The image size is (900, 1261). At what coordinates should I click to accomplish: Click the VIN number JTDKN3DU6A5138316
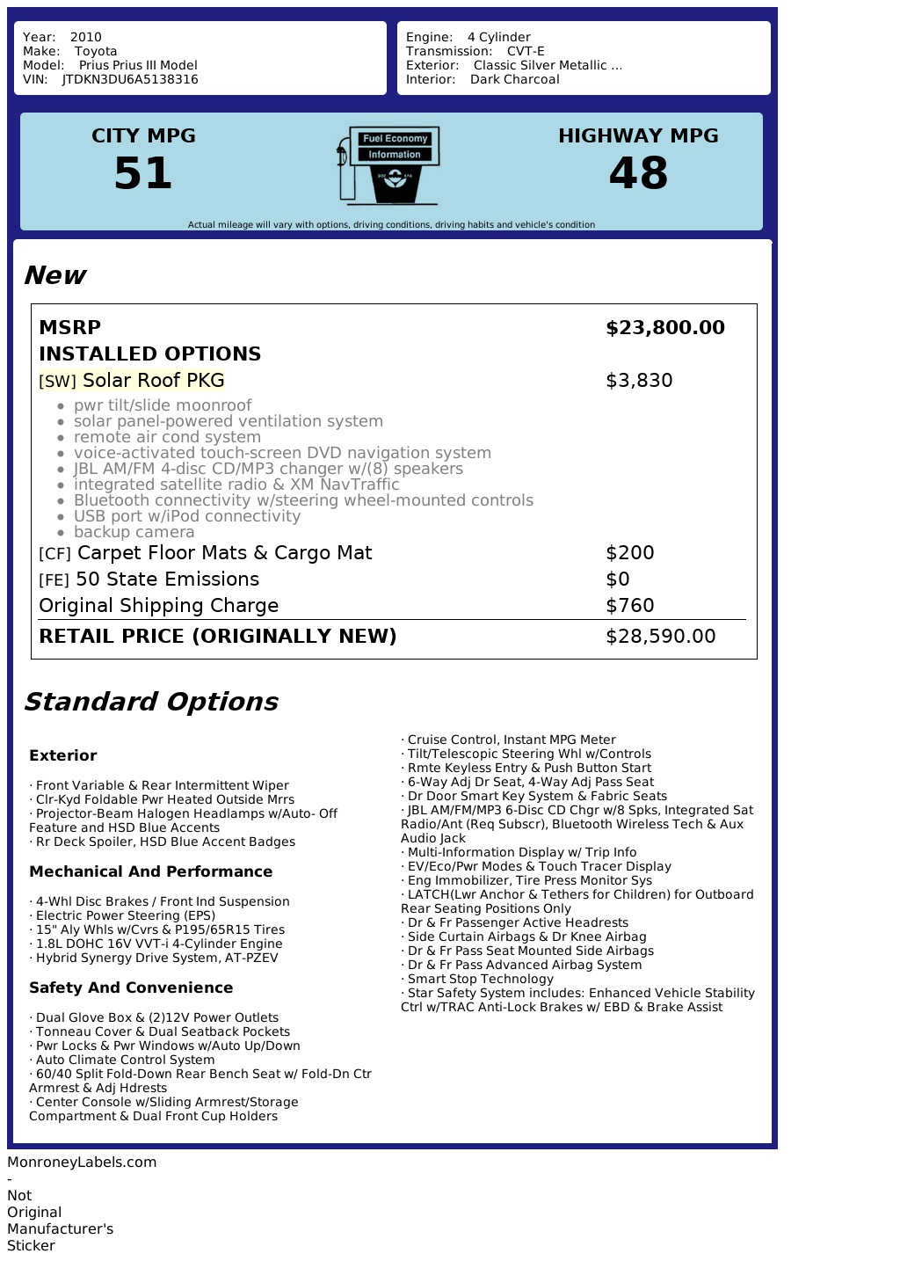[130, 79]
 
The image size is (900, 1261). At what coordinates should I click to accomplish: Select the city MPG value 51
[143, 173]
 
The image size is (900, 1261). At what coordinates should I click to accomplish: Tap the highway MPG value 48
[638, 173]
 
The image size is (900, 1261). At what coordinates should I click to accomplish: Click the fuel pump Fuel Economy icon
[388, 165]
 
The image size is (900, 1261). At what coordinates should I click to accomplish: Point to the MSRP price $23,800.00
[665, 328]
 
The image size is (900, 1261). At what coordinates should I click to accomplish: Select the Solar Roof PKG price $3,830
[639, 381]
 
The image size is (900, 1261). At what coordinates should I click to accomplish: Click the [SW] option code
[57, 382]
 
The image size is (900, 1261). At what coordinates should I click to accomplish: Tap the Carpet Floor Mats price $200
[630, 553]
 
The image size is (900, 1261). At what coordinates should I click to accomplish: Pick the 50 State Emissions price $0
[618, 579]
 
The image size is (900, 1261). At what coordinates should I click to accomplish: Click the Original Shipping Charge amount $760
[630, 606]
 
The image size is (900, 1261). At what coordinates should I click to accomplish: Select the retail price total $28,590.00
[661, 637]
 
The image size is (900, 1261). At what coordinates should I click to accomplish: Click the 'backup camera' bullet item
[134, 532]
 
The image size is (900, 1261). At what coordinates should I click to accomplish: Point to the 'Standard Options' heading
[150, 702]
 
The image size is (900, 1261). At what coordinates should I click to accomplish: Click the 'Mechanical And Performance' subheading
[150, 871]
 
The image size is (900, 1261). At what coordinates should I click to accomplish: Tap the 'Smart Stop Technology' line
[480, 979]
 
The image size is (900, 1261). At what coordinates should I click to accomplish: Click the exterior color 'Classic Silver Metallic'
[547, 65]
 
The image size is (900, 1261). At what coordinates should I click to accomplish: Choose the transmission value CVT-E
[526, 51]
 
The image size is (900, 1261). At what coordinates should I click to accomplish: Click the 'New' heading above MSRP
[54, 275]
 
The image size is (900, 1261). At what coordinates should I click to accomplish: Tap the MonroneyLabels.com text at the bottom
[82, 1162]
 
